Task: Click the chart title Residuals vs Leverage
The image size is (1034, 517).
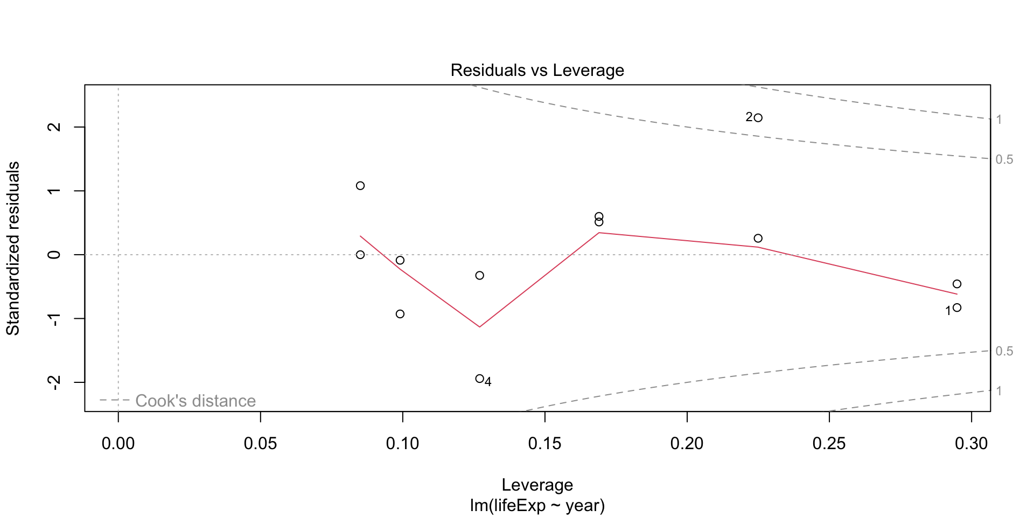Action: [x=537, y=71]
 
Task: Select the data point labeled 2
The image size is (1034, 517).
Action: [x=758, y=118]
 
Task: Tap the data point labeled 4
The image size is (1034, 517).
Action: [x=479, y=379]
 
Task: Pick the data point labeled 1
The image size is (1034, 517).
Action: [x=956, y=308]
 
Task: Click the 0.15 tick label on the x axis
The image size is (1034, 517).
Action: [x=544, y=444]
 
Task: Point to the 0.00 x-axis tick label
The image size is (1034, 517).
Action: [x=118, y=444]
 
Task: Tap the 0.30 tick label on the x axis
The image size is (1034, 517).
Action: [x=971, y=444]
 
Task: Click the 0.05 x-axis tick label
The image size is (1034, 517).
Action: [x=260, y=444]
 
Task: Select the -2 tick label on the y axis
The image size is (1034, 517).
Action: [x=54, y=382]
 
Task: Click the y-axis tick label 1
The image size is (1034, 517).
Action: [x=54, y=191]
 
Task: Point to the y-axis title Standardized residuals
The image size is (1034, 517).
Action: [x=13, y=248]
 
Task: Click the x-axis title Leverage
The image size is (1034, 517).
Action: [x=537, y=485]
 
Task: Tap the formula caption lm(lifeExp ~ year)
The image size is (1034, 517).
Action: [x=537, y=505]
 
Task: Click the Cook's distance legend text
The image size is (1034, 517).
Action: [x=195, y=401]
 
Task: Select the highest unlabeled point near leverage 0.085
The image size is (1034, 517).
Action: [x=360, y=186]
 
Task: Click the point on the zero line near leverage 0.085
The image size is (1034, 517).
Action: [x=360, y=255]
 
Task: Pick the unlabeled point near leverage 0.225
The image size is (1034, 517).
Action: [x=758, y=239]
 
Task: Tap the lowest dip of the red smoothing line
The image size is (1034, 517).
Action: [x=479, y=326]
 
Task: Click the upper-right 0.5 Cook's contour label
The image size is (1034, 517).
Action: [x=1004, y=159]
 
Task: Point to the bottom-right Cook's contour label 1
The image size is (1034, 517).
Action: [x=998, y=391]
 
